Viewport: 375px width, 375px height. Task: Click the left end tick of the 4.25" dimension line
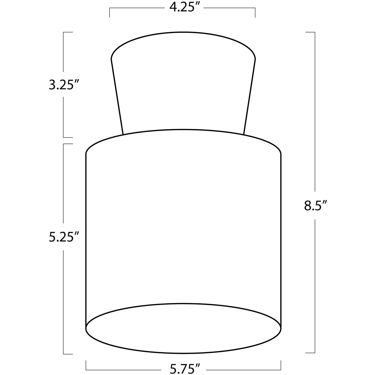coord(109,13)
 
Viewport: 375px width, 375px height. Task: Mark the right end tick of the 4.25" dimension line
coord(255,13)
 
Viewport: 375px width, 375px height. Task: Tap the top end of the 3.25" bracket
coord(68,32)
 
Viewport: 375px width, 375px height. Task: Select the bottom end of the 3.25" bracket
coord(68,137)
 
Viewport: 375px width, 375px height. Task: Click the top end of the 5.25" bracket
coord(68,144)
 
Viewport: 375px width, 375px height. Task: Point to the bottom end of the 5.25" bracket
coord(68,354)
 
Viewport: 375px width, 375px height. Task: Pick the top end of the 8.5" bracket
coord(310,32)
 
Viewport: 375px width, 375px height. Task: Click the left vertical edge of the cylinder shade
coord(86,240)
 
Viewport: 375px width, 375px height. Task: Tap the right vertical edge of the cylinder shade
coord(281,240)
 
